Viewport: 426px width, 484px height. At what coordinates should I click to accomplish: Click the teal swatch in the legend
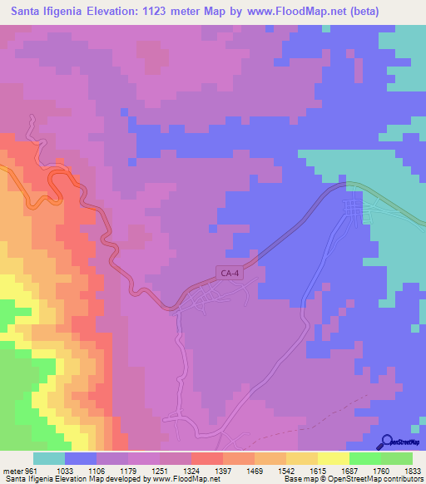coord(49,458)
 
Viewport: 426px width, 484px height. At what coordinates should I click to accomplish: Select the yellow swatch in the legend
coord(333,458)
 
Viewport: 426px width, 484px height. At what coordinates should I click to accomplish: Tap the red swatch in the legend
coord(206,458)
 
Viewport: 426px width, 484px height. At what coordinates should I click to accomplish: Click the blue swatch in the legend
coord(81,458)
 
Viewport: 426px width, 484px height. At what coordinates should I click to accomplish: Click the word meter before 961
coord(12,470)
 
